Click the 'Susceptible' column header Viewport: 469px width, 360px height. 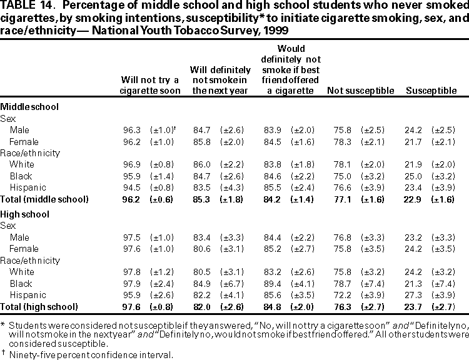(431, 91)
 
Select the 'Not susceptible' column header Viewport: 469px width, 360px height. (360, 91)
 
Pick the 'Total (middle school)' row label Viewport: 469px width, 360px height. (44, 199)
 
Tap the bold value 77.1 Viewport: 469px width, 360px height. (343, 199)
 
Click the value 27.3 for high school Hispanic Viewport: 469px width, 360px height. (414, 296)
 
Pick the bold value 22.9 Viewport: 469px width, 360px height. (414, 199)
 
